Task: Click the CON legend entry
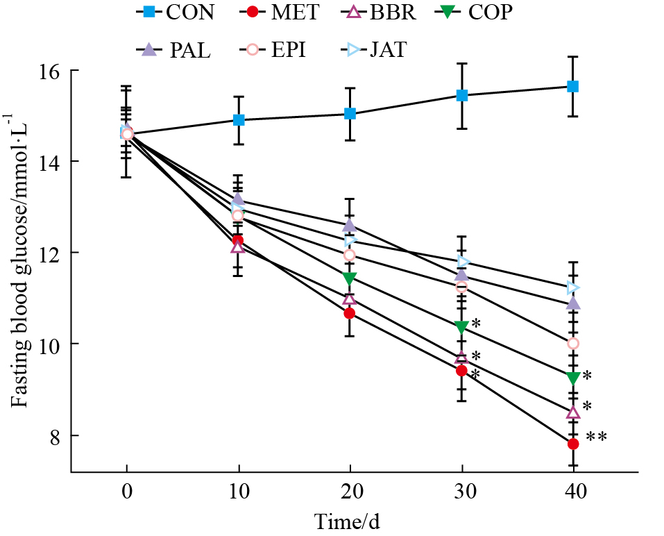coord(173,12)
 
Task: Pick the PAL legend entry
coord(173,49)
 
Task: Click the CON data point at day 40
coord(573,86)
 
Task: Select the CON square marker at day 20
coord(350,113)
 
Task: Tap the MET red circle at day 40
coord(573,444)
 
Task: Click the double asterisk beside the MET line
coord(597,437)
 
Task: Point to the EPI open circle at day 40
coord(573,343)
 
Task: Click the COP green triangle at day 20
coord(350,278)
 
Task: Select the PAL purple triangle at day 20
coord(350,226)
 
